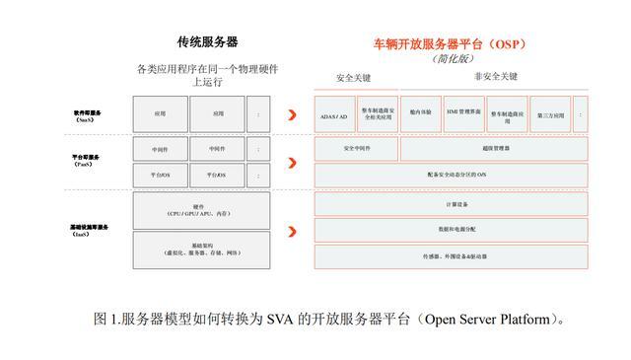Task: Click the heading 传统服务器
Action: pos(207,42)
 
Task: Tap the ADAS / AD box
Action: pos(334,114)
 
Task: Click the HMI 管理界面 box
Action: pos(462,113)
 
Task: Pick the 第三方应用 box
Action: pos(551,114)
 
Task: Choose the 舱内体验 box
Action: pos(421,113)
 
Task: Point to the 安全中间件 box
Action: pos(356,149)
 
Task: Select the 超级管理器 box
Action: pos(495,149)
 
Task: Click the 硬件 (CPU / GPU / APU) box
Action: pos(201,209)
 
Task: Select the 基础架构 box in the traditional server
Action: pos(201,250)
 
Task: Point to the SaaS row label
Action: pos(87,115)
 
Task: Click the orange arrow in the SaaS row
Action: pos(292,114)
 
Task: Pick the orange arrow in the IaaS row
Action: pos(292,231)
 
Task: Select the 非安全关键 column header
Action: pos(495,76)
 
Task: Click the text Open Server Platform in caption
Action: pos(489,320)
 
